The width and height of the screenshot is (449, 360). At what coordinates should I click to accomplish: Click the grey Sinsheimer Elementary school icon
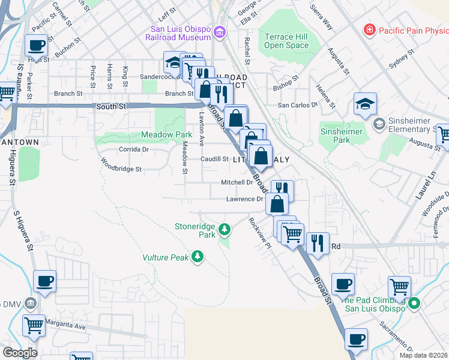[x=379, y=124]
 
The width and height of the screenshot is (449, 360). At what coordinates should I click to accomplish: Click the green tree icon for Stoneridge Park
[x=224, y=229]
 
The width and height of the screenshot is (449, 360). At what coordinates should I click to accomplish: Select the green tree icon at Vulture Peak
[x=197, y=257]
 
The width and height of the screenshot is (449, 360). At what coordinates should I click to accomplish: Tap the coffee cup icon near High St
[x=36, y=46]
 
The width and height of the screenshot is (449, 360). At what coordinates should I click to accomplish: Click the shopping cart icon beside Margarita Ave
[x=34, y=326]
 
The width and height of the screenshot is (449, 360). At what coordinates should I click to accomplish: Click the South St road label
[x=111, y=106]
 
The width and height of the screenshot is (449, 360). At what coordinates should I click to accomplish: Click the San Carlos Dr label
[x=297, y=104]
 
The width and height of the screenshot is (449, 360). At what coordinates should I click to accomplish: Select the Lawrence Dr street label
[x=244, y=199]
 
